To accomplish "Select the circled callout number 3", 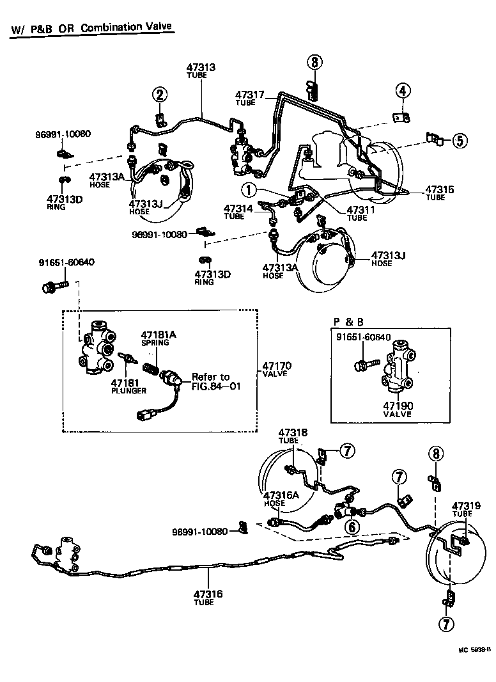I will [x=314, y=62].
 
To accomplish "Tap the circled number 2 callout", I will [x=159, y=95].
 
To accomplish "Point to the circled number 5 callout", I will [x=460, y=140].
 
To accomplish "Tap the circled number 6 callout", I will [x=350, y=526].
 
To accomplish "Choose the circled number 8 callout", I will [x=435, y=454].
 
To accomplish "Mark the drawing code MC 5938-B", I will [x=474, y=650].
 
